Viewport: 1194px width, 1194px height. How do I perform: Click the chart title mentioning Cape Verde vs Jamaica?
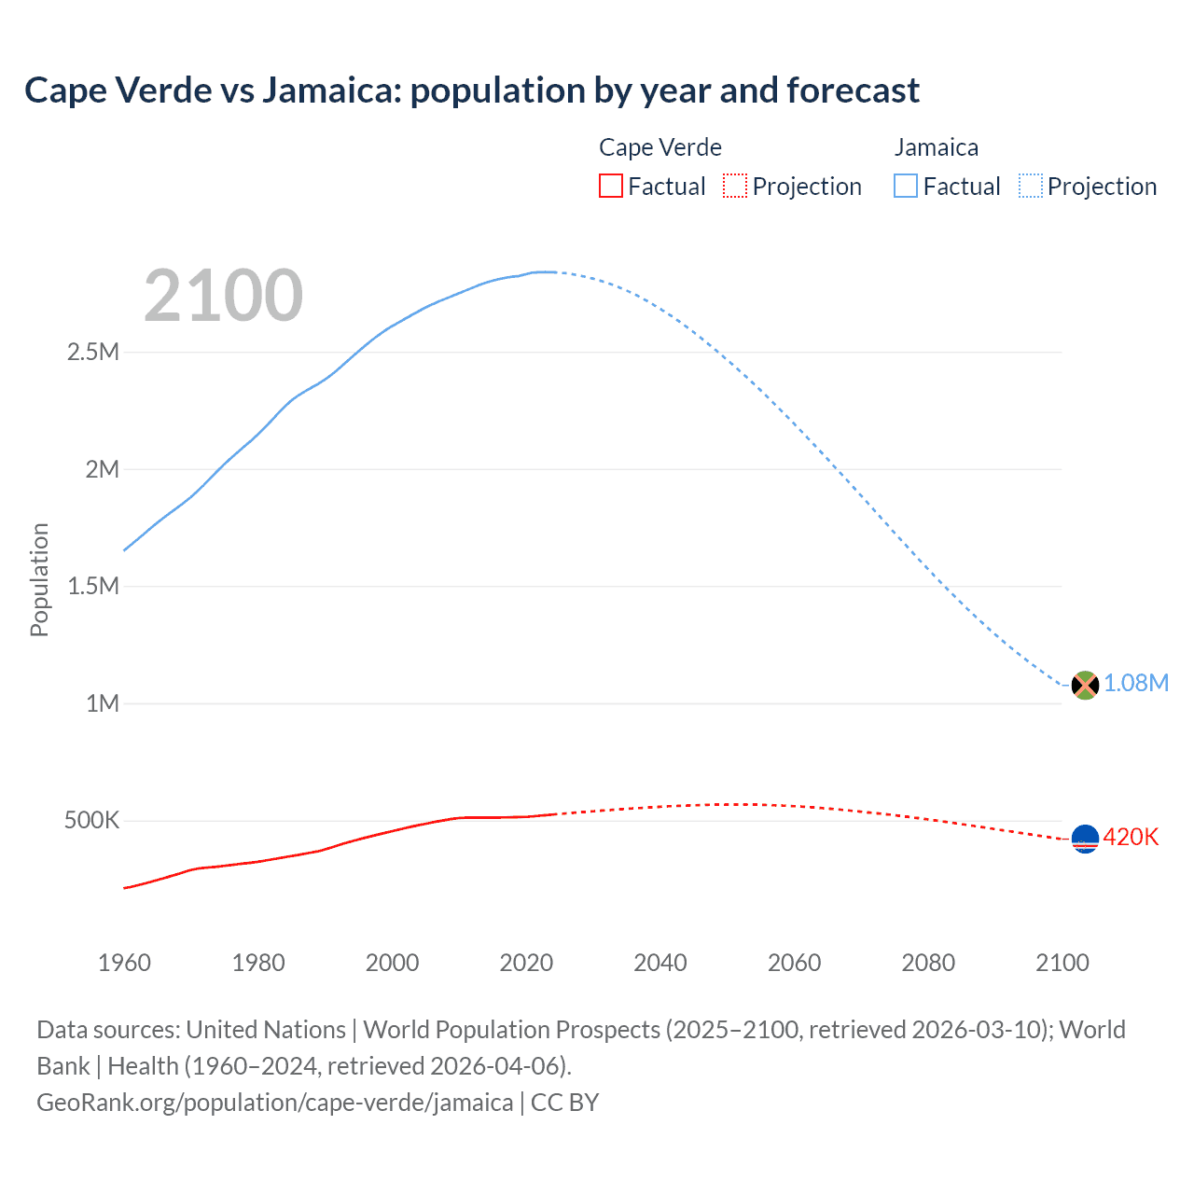tap(472, 90)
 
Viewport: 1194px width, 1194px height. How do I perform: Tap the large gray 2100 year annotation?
tap(223, 296)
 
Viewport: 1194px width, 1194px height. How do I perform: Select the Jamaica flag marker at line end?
tap(1085, 685)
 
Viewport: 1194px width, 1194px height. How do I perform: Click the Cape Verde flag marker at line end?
tap(1085, 840)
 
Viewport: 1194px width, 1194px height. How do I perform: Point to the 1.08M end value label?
tap(1136, 683)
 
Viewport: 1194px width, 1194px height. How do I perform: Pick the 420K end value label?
tap(1131, 837)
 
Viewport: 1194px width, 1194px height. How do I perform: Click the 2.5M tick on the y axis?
tap(93, 353)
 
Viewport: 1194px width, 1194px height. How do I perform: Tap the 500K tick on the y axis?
tap(91, 821)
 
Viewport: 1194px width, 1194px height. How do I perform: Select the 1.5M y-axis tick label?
tap(93, 587)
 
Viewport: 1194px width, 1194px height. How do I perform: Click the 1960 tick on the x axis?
tap(124, 963)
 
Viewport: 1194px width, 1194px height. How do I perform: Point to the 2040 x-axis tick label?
tap(660, 963)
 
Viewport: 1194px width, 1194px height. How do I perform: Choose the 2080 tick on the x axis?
tap(928, 963)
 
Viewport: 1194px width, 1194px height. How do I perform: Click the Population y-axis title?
tap(39, 579)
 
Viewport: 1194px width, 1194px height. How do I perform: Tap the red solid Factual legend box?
tap(610, 187)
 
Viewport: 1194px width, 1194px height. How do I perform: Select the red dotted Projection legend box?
tap(735, 187)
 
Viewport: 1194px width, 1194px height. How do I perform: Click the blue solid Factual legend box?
tap(905, 187)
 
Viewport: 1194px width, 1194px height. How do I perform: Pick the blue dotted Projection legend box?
tap(1030, 187)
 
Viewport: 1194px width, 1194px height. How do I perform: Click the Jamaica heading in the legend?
tap(936, 147)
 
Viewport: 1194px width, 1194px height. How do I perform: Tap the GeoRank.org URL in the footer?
tap(274, 1103)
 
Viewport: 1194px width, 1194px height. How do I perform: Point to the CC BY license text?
tap(564, 1103)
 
